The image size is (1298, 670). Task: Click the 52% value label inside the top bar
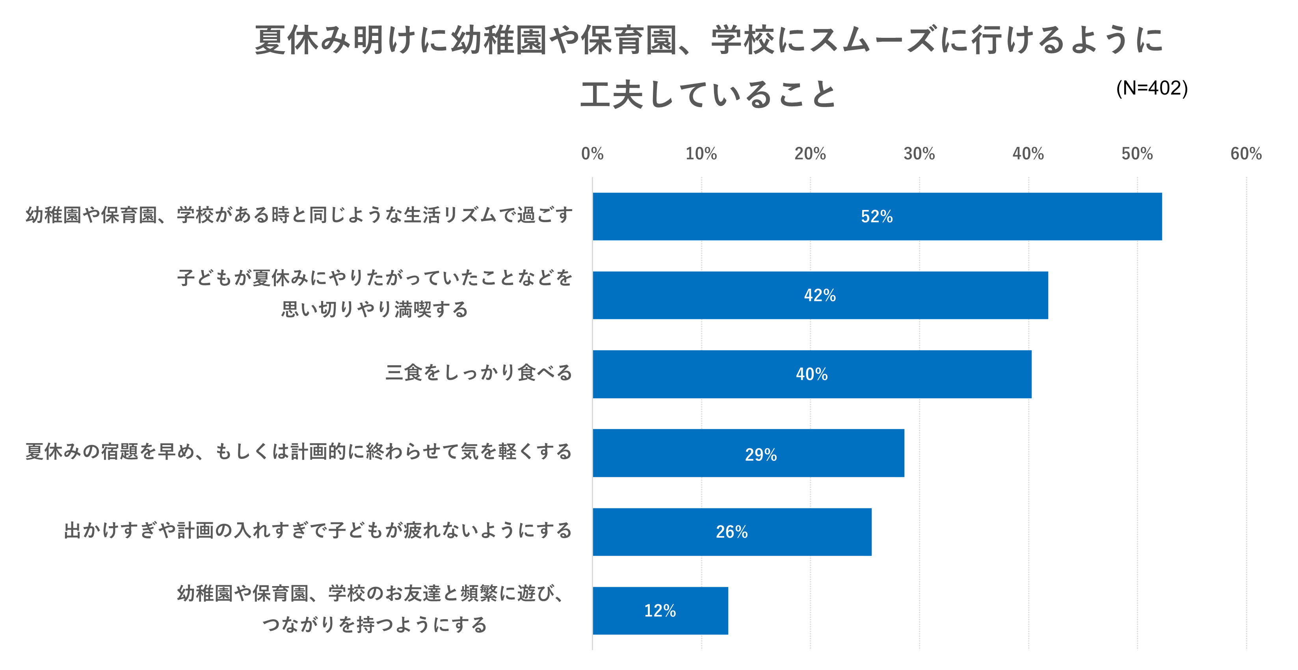tap(877, 217)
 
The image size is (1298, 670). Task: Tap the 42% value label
tap(820, 295)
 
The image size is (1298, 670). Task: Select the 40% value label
tap(812, 374)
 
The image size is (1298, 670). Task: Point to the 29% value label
tap(761, 455)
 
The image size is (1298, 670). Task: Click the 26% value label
tap(732, 532)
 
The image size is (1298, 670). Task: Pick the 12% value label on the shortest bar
tap(660, 611)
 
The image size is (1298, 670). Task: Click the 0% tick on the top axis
tap(592, 154)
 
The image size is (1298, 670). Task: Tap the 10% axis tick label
tap(701, 154)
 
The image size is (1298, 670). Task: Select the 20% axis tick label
tap(810, 154)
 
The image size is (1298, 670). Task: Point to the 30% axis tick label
tap(919, 154)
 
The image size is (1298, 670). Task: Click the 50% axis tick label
tap(1137, 154)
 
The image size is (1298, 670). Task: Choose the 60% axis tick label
tap(1246, 154)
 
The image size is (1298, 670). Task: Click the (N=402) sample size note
tap(1152, 88)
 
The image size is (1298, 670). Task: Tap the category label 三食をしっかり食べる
tap(479, 373)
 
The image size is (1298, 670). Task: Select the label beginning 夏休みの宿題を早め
tap(299, 452)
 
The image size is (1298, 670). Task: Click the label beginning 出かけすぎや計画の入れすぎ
tap(318, 531)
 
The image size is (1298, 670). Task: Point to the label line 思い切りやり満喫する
tap(375, 309)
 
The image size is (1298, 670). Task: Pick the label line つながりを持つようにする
tap(375, 625)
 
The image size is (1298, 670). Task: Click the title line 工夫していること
tap(708, 95)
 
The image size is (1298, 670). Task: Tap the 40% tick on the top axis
tap(1028, 154)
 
